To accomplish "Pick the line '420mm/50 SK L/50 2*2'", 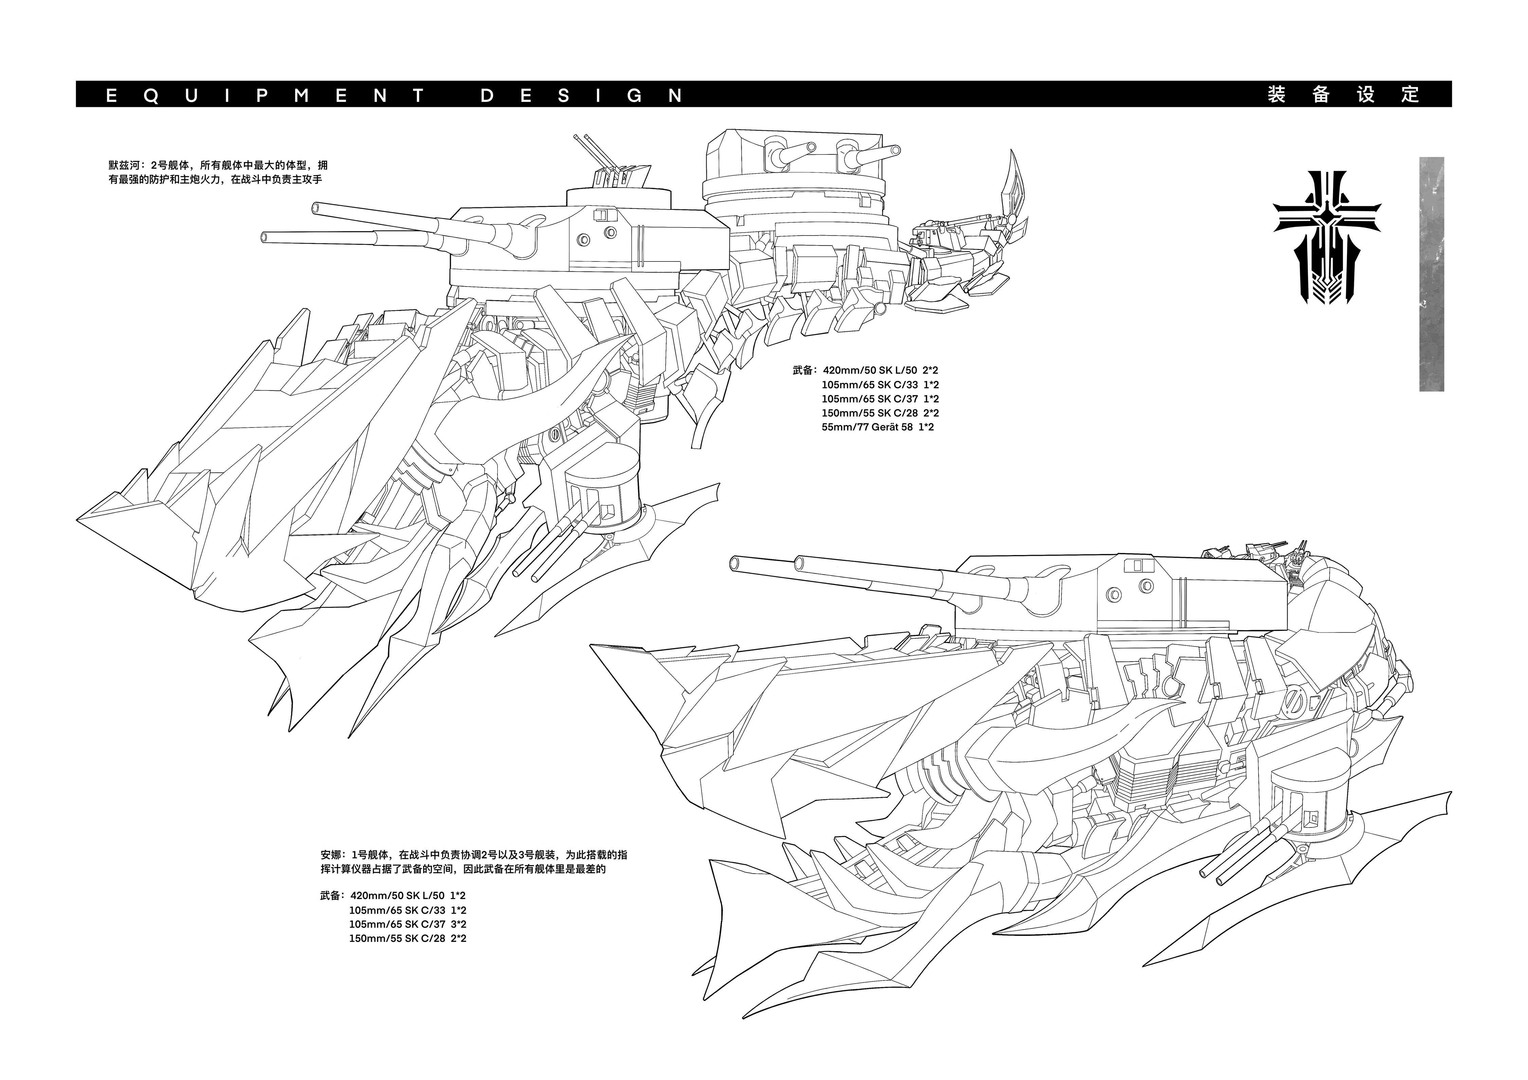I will [x=880, y=370].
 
